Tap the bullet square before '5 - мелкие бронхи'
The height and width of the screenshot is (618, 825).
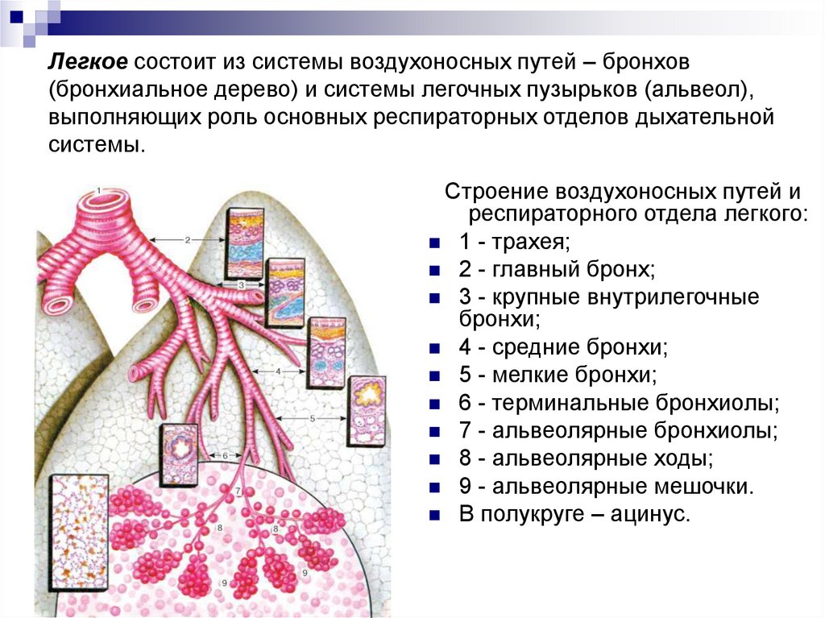click(435, 376)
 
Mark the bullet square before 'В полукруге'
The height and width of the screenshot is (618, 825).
click(435, 515)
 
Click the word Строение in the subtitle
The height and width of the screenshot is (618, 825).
click(496, 193)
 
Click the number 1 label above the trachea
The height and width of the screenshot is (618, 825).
click(97, 190)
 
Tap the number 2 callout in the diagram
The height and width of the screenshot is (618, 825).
click(187, 239)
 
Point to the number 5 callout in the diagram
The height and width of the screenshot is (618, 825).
click(311, 419)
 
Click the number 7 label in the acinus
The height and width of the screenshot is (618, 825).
click(238, 490)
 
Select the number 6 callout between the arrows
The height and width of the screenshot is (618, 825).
click(225, 455)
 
